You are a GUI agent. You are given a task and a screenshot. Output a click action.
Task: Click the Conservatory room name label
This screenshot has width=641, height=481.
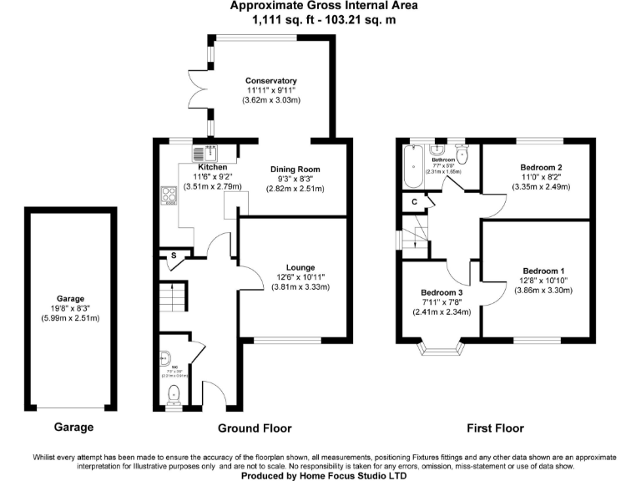click(x=271, y=81)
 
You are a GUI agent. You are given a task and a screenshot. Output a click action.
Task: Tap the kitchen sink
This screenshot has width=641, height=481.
click(x=205, y=152)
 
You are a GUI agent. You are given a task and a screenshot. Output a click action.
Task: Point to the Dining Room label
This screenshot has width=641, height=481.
click(x=294, y=170)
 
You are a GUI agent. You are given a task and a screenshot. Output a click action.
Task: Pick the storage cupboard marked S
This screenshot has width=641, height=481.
click(x=174, y=256)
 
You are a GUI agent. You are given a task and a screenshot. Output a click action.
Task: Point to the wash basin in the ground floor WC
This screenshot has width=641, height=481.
click(x=164, y=356)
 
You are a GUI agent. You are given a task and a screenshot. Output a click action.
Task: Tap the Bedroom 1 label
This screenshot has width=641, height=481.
click(x=544, y=271)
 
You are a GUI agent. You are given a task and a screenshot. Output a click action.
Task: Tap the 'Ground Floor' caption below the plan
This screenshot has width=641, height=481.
click(x=255, y=428)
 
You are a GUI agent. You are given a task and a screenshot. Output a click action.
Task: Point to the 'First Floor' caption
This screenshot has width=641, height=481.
click(x=497, y=428)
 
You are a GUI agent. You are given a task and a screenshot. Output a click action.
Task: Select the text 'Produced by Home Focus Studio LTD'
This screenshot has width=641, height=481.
click(x=324, y=475)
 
